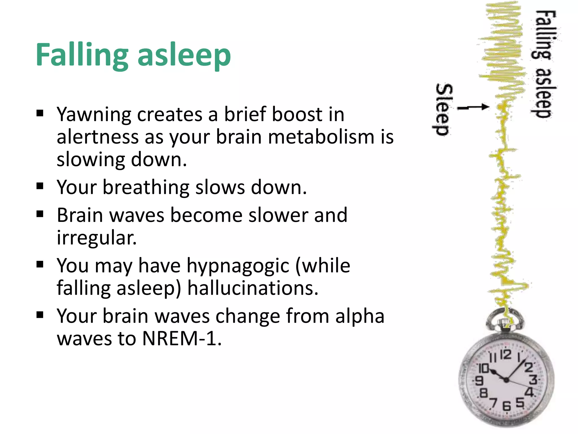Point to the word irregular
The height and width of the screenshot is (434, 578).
(97, 238)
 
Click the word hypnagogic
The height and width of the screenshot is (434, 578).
(238, 266)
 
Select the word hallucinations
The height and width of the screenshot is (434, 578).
(253, 288)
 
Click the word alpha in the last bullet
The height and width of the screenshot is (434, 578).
(360, 316)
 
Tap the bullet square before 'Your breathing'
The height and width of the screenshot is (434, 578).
(40, 186)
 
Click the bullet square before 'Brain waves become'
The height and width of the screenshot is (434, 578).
(40, 214)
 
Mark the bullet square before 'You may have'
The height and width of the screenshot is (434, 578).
(40, 264)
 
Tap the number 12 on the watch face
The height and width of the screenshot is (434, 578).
(506, 354)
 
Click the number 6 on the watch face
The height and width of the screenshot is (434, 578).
(507, 406)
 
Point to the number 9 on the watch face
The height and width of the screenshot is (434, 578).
(479, 381)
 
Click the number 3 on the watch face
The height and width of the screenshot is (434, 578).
(533, 379)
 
